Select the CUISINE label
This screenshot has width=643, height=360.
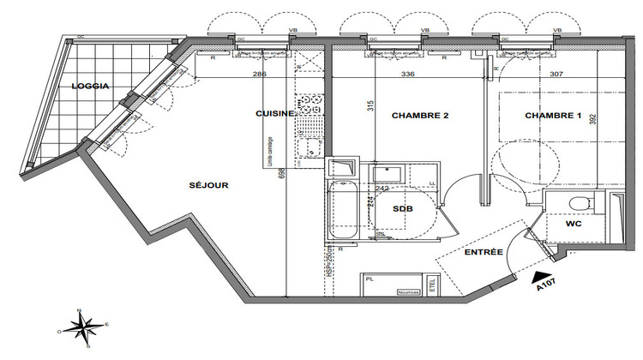click(x=274, y=113)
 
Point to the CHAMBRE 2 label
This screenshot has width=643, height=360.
click(x=420, y=115)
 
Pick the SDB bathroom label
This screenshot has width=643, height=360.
click(x=402, y=208)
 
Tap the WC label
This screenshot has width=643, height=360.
click(x=574, y=225)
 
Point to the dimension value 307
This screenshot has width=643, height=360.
click(x=556, y=74)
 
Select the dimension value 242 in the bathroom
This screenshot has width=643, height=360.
click(x=383, y=188)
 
